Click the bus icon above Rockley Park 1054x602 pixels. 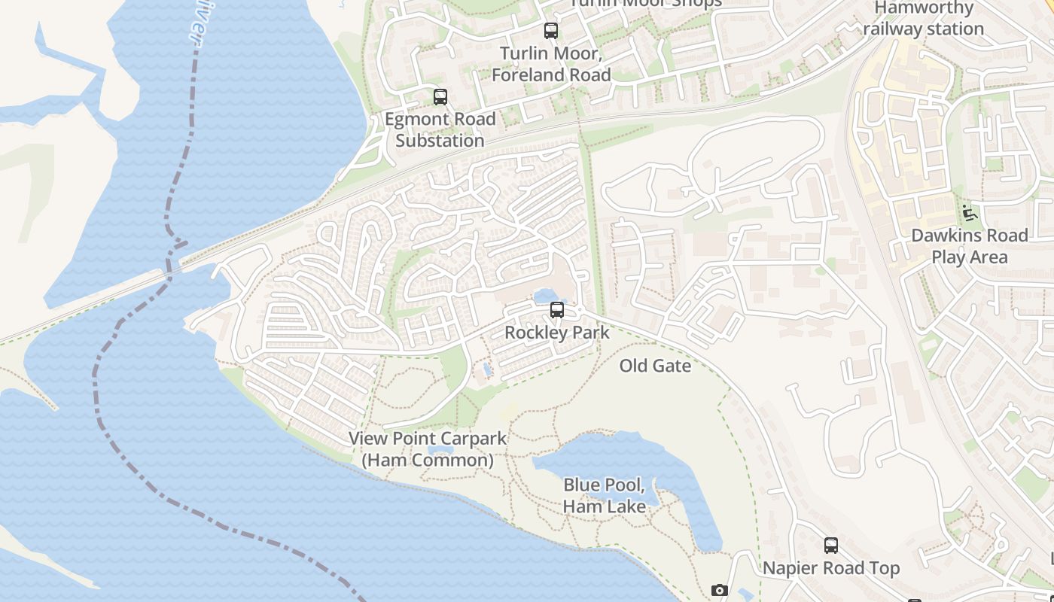556,310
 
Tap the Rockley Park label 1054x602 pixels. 556,332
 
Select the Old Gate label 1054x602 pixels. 655,366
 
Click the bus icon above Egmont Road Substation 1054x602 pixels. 440,97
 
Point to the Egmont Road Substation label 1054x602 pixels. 440,129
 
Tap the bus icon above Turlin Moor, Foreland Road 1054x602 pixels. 551,31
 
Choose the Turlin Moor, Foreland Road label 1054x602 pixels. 551,64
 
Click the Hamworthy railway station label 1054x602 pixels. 924,19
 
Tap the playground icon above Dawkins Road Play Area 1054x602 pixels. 969,213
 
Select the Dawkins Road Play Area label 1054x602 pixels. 969,246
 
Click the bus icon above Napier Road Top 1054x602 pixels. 831,546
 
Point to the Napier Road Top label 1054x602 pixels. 831,568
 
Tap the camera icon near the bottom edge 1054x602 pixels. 720,591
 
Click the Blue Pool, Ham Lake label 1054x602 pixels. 604,495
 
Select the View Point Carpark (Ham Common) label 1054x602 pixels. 428,449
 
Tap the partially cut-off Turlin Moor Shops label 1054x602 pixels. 645,3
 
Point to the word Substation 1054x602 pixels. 440,141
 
